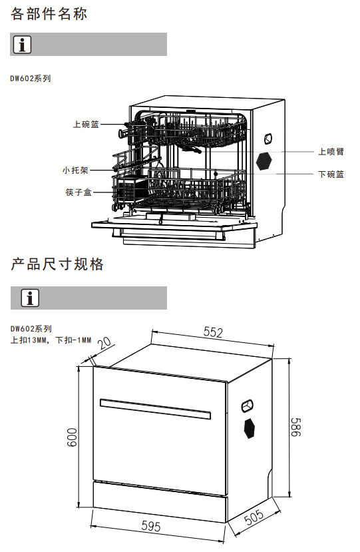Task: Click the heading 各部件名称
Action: [49, 14]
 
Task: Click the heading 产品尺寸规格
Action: [57, 264]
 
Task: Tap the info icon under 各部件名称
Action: [22, 45]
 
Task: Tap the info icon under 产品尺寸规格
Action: [30, 298]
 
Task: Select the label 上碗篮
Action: [86, 125]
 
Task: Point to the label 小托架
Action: [75, 170]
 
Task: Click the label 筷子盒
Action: [79, 192]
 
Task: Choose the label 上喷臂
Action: [331, 151]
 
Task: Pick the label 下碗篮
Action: [331, 174]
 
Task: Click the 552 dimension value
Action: [213, 332]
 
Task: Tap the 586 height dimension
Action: [296, 427]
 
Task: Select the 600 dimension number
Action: [72, 437]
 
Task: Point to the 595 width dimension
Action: [151, 526]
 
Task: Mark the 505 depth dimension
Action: [254, 517]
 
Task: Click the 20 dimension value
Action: [104, 343]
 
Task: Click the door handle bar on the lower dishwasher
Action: [155, 409]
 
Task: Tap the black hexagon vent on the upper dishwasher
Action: [264, 162]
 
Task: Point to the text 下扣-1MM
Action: [74, 340]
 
